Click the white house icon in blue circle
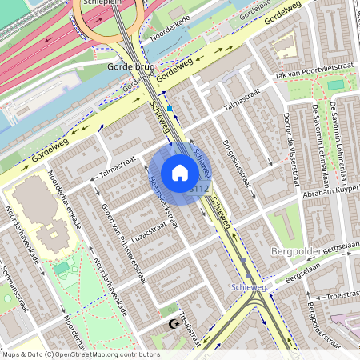click(x=180, y=172)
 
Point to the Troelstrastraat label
click(x=339, y=296)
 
